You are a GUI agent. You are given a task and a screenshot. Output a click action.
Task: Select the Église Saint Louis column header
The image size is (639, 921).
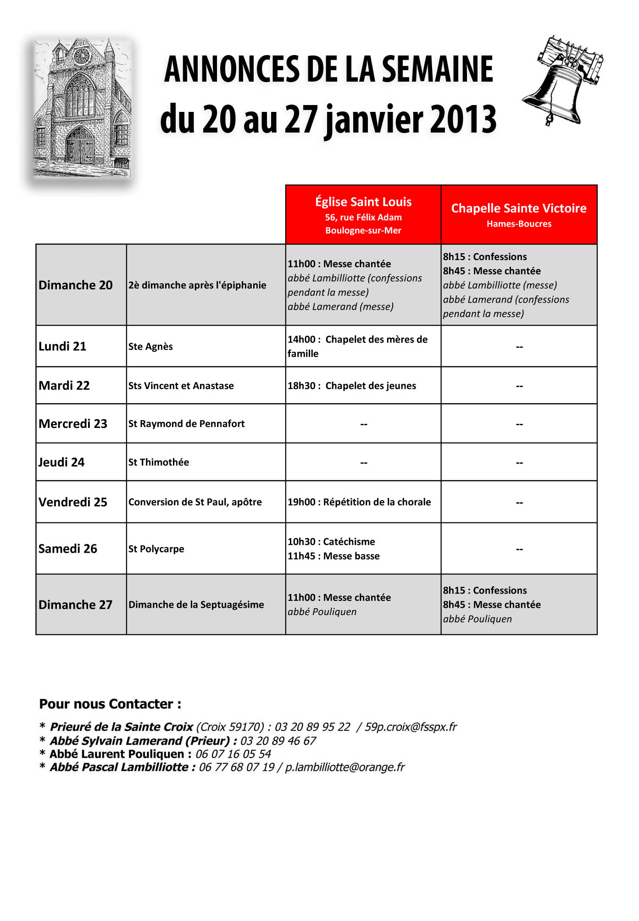point(363,215)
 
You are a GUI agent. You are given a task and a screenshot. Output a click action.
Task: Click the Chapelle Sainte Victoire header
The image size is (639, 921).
point(519,215)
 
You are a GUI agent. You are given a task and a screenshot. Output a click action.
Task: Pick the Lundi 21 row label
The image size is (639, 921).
point(62,346)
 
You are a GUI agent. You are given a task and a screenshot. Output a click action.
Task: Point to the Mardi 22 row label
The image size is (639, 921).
point(64,386)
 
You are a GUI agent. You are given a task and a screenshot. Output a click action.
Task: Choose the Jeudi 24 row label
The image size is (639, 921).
point(61,462)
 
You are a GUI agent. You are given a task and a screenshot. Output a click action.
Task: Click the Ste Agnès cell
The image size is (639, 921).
point(150,347)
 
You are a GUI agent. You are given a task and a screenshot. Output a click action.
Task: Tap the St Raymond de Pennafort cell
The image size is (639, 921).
point(186,424)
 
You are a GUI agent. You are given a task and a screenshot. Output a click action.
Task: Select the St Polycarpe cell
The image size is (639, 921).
point(156,549)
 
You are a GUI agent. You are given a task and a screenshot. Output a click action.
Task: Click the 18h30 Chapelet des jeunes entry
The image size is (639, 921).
point(352,386)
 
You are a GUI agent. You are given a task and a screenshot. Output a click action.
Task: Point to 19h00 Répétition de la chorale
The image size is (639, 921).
point(359,502)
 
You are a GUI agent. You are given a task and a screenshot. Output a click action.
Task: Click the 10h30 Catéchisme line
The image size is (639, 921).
point(331,542)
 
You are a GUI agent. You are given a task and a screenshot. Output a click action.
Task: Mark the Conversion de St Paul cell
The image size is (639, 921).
point(195,502)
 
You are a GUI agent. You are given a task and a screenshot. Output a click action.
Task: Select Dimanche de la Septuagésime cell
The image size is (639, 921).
point(196,605)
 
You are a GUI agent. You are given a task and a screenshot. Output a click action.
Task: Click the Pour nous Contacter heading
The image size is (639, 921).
point(110,704)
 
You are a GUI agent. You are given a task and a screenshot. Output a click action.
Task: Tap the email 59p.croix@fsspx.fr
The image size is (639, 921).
point(411,727)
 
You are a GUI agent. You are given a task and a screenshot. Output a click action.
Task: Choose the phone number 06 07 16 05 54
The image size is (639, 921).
point(233,754)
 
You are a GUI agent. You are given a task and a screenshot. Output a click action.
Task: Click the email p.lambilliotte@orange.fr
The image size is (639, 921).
point(345,767)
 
